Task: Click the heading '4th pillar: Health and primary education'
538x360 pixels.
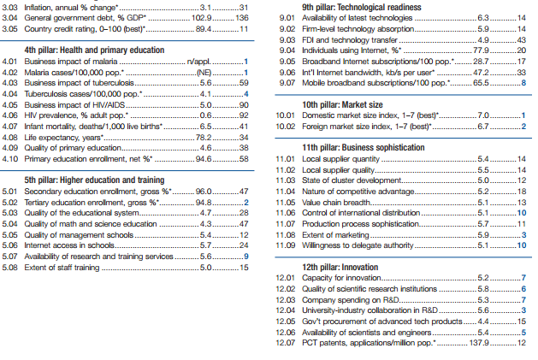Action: click(x=94, y=50)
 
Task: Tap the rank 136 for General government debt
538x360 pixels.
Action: click(x=242, y=18)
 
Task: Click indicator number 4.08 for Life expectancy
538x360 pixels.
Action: click(x=9, y=138)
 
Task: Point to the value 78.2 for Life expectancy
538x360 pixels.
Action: click(x=204, y=138)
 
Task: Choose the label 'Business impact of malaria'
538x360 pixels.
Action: click(x=71, y=62)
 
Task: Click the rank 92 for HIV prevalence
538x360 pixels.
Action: click(x=244, y=115)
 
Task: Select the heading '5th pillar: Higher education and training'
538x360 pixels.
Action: click(x=94, y=180)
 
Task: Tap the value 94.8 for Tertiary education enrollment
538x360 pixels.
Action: click(x=204, y=203)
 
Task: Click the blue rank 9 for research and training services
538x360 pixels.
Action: click(x=246, y=257)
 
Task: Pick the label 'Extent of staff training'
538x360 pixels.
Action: click(x=62, y=268)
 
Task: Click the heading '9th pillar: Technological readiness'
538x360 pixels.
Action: click(x=362, y=7)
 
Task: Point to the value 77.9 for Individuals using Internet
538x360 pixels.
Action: click(x=481, y=50)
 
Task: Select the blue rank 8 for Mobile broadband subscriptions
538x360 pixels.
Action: click(x=523, y=83)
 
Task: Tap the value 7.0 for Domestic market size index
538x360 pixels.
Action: click(x=483, y=115)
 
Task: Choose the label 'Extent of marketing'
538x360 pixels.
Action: click(x=335, y=235)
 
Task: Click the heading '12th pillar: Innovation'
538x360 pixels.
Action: click(x=340, y=268)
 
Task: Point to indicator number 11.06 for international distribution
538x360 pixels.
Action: click(x=285, y=213)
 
